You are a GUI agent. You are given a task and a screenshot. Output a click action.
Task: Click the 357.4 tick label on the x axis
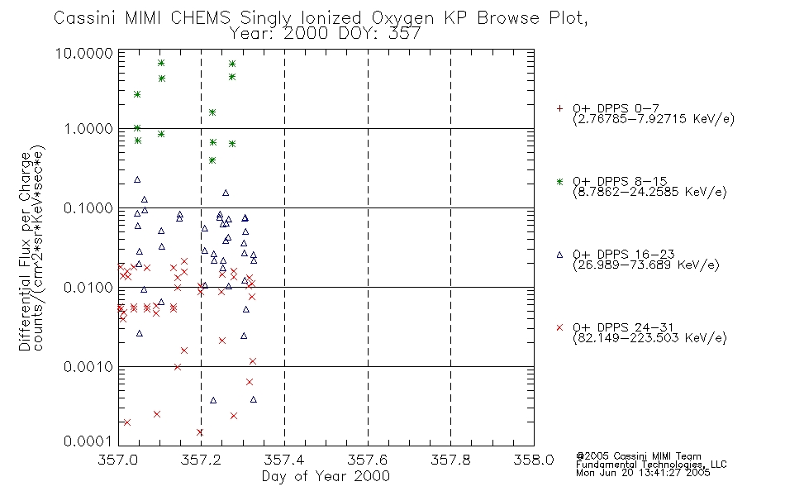[284, 460]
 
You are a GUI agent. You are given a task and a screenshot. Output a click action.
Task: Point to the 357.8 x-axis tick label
[450, 460]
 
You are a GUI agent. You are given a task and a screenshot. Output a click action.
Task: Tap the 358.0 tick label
[534, 460]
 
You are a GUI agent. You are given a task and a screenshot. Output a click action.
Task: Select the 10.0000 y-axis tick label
[84, 53]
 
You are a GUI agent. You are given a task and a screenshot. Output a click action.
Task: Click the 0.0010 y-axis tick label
[88, 367]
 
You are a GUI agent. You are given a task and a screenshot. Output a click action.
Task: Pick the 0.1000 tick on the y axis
[88, 208]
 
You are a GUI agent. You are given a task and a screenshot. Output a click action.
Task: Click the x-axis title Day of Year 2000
[326, 476]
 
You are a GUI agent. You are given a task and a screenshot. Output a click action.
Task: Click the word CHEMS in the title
[200, 18]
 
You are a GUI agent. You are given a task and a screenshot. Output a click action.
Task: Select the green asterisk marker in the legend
[559, 182]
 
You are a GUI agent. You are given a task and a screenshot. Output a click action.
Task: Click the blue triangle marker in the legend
[559, 255]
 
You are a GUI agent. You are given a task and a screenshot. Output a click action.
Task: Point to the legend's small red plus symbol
[559, 108]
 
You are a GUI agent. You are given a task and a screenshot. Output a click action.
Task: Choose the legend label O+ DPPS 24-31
[623, 327]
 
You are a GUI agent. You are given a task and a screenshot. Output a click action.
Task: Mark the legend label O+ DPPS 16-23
[624, 255]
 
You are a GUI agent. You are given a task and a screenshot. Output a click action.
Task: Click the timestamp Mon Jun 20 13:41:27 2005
[643, 473]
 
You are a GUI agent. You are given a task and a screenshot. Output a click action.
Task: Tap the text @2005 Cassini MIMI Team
[638, 456]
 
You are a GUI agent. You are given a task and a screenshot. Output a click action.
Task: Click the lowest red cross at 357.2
[200, 432]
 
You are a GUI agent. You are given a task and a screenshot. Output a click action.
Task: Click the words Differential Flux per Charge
[25, 251]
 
